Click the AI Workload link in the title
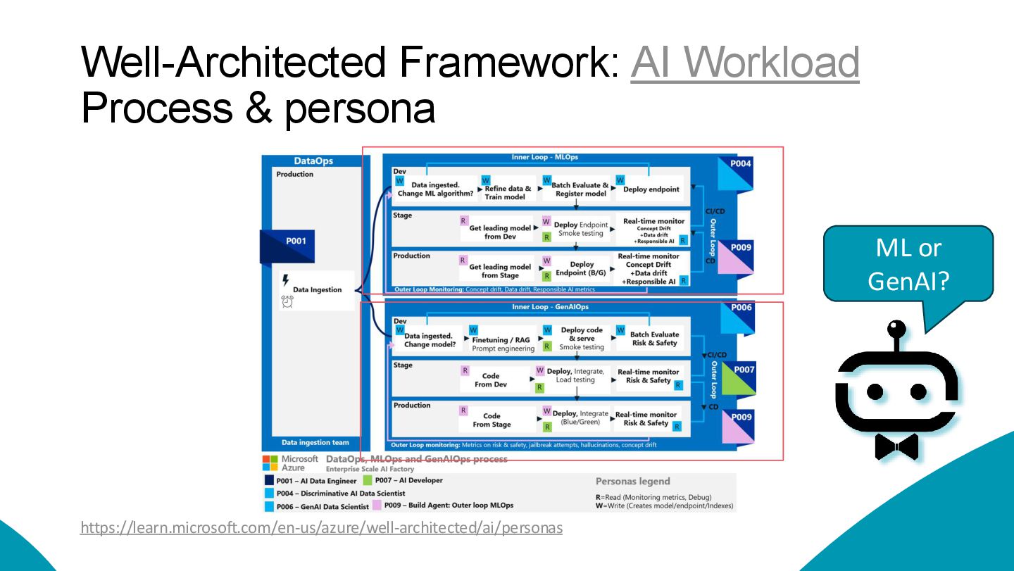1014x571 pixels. click(745, 62)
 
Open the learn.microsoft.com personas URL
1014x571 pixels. click(321, 527)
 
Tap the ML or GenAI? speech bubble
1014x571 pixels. click(908, 265)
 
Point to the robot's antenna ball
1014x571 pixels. click(896, 329)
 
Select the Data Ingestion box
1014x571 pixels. click(317, 289)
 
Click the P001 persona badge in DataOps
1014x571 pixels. click(296, 241)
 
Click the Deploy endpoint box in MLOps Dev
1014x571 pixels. click(651, 189)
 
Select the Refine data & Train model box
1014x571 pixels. click(508, 192)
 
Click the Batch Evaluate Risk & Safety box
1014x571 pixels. click(654, 339)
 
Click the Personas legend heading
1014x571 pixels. click(632, 482)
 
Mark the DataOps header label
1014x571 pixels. click(313, 161)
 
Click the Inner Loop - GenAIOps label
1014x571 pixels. click(550, 308)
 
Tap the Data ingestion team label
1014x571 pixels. click(315, 443)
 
